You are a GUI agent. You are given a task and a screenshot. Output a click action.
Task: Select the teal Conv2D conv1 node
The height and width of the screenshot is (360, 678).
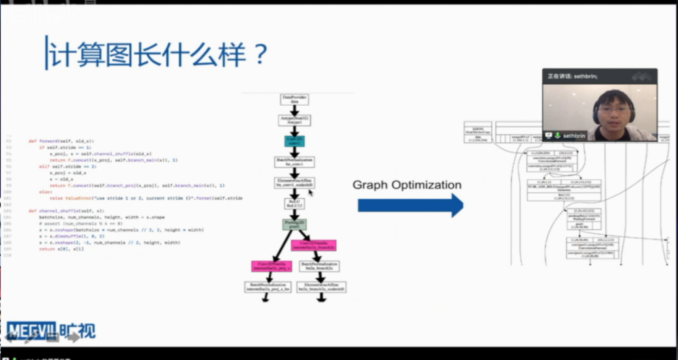pos(294,140)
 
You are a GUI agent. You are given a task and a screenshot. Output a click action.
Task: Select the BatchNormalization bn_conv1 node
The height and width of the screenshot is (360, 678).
pos(294,161)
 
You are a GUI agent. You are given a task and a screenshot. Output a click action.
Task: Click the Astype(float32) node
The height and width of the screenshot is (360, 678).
pos(294,120)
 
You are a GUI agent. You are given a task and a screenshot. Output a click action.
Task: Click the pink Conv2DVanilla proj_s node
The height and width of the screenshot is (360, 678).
pos(270,266)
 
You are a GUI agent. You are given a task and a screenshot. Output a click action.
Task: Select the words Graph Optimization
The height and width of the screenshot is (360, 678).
pos(407,185)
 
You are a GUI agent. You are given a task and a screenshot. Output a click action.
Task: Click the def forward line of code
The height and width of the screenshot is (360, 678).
pos(62,141)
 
